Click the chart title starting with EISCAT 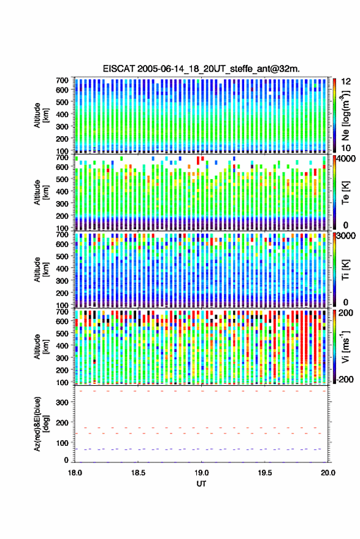click(x=201, y=69)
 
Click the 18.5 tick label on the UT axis click(x=138, y=473)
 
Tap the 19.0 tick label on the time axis click(x=202, y=473)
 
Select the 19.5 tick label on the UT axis click(x=265, y=473)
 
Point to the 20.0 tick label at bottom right click(x=328, y=473)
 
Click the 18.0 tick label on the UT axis click(x=75, y=473)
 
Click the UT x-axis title click(x=201, y=484)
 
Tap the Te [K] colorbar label click(x=345, y=193)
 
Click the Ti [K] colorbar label click(x=345, y=270)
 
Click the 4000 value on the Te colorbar click(x=347, y=159)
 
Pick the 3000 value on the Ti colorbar click(x=347, y=236)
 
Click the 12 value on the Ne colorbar click(x=347, y=82)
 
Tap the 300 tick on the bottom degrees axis click(x=62, y=402)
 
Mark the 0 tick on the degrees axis click(x=66, y=460)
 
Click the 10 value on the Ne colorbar click(x=347, y=148)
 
